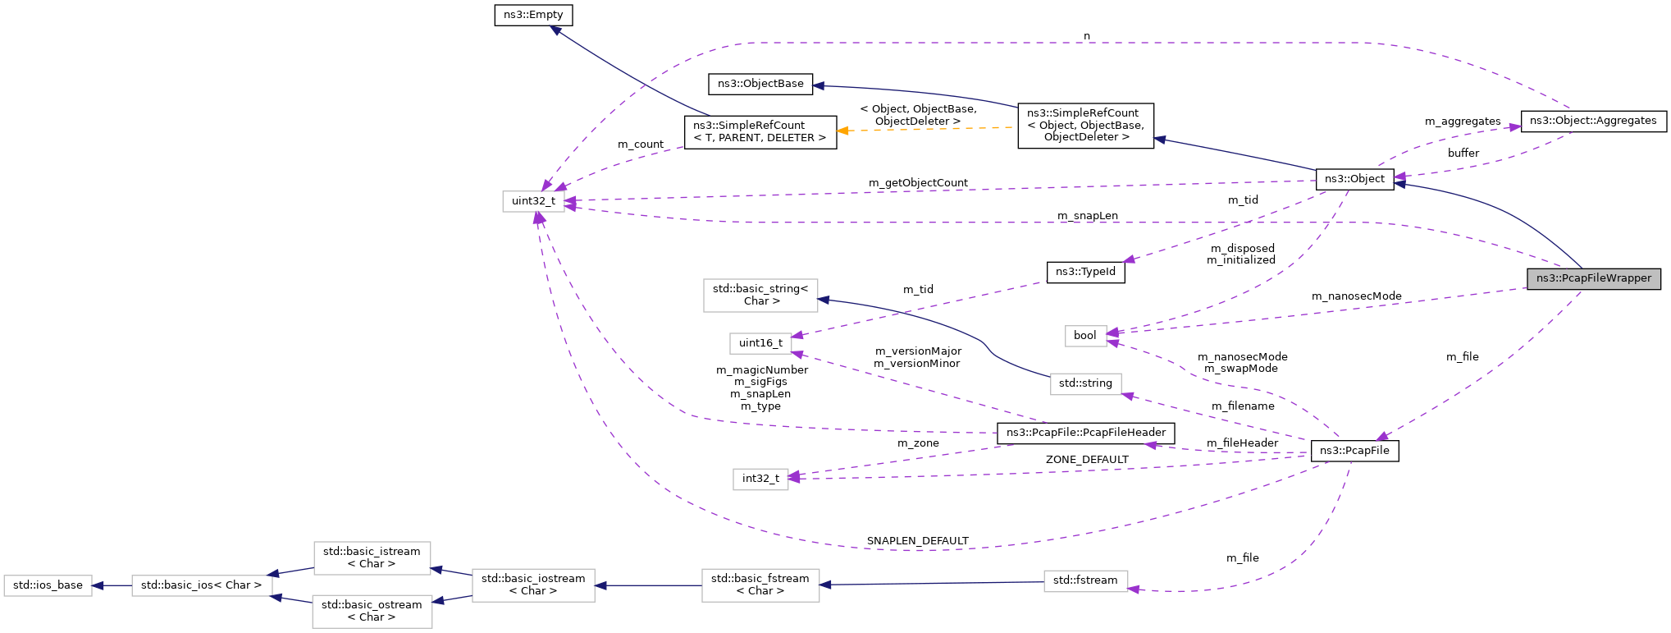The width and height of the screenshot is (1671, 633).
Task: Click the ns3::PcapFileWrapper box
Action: coord(1593,278)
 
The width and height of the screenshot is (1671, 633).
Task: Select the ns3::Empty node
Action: coord(533,15)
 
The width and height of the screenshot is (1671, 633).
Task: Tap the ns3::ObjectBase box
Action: coord(760,84)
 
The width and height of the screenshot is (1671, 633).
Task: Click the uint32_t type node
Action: coord(533,201)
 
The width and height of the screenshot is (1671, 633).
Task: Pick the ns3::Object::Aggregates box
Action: coord(1592,121)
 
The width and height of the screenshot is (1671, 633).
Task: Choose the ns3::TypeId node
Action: coord(1085,272)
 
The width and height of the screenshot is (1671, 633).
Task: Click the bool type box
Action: coord(1084,335)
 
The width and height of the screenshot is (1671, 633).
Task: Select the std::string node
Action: coord(1084,383)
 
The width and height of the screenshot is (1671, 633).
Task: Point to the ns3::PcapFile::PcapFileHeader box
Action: coord(1085,433)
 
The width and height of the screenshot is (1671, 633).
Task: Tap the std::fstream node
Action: coord(1084,580)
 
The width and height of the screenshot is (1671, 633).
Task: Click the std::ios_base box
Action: coord(48,585)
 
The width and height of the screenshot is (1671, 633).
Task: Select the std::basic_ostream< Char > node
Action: coord(372,611)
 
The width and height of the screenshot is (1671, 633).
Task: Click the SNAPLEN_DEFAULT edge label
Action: coord(917,541)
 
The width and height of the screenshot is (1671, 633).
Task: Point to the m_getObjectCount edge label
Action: coord(917,183)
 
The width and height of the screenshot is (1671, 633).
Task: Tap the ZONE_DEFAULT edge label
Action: coord(1086,460)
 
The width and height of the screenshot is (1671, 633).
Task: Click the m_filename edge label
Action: coord(1242,406)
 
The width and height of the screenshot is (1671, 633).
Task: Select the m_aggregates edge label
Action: coord(1462,122)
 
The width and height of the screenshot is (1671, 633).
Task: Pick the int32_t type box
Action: coord(760,479)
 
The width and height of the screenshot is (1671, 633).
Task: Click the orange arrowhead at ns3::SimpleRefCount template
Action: coord(842,131)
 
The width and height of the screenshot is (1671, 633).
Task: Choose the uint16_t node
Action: coord(760,343)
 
